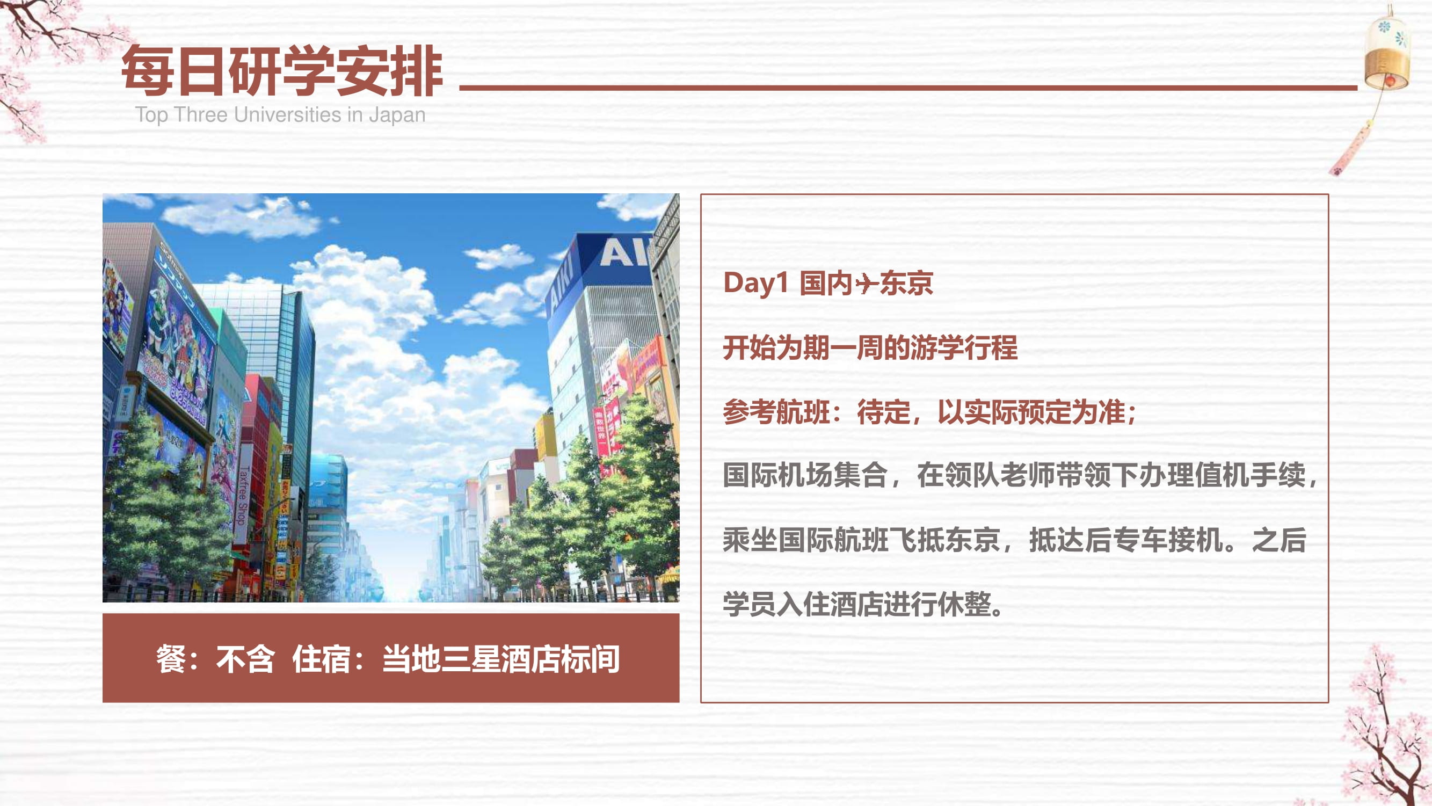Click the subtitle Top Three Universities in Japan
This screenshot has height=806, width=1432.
[280, 114]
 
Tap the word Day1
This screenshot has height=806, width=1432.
[755, 283]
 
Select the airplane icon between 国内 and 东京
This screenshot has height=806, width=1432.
[866, 284]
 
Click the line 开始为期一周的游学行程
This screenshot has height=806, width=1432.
[870, 347]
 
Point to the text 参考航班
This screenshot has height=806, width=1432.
[776, 412]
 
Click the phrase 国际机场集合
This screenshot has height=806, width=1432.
[804, 475]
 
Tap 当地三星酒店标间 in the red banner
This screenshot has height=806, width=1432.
[501, 659]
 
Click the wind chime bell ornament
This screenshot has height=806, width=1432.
[1386, 53]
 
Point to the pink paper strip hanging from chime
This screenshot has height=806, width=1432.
[1351, 149]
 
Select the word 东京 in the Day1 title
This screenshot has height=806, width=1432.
[906, 283]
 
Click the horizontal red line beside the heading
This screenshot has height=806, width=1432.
[908, 88]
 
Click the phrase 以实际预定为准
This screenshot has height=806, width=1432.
[1031, 412]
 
